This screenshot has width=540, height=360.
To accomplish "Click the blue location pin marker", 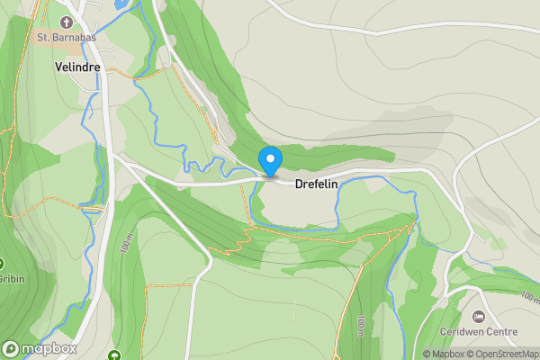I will coord(270,161).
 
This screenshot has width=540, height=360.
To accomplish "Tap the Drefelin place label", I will coord(321,184).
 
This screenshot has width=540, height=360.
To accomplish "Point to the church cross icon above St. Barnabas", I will coord(67,22).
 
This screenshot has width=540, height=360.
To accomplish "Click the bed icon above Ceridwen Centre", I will coord(477,316).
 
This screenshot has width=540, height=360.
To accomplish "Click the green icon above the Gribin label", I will coord(2,264).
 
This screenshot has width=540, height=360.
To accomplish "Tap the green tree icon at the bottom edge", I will coord(114,355).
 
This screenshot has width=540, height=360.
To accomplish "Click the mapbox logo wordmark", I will coord(49,348).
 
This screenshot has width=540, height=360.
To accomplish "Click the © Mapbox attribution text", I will coord(443,354).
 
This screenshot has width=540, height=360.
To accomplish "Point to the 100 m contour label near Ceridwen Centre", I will coord(529,295).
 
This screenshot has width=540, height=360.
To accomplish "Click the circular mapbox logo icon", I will coord(12,348).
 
